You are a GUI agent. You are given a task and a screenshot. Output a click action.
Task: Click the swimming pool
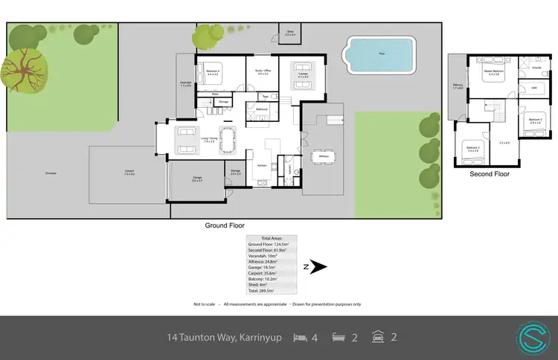(x=379, y=54)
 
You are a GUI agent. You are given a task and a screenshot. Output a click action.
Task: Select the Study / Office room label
(x=263, y=71)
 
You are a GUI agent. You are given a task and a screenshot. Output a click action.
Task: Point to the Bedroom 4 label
(x=212, y=71)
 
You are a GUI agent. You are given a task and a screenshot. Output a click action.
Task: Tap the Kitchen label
(x=262, y=165)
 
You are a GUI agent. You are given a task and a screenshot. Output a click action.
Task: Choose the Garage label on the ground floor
(x=197, y=178)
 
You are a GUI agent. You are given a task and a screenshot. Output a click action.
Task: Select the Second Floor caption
(x=489, y=175)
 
